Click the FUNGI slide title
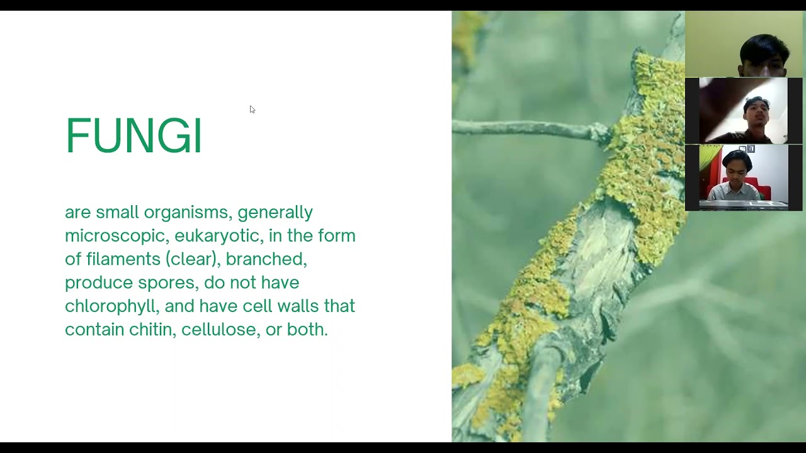click(133, 135)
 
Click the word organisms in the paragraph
click(186, 213)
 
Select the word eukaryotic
click(217, 236)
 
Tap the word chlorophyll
click(113, 306)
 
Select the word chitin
click(151, 330)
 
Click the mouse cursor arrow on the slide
click(252, 109)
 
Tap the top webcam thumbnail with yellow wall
click(744, 44)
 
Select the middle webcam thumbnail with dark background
click(744, 111)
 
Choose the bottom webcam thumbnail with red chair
click(744, 177)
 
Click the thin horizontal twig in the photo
click(523, 128)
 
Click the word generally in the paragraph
click(275, 213)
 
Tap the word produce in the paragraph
click(99, 283)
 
